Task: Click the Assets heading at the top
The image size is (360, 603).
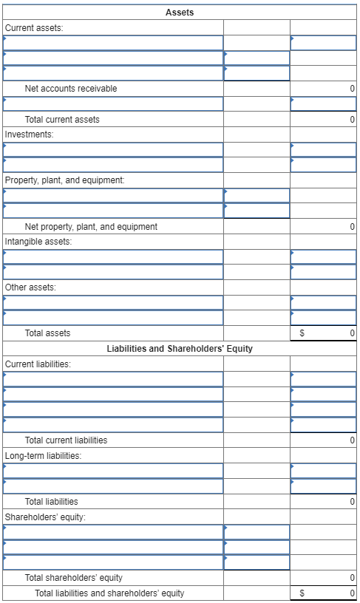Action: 180,12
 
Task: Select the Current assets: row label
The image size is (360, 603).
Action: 34,27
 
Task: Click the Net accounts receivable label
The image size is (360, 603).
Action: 70,89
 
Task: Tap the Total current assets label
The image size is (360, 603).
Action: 62,119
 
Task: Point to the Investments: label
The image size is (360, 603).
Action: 30,134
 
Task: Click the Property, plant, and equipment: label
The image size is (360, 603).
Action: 65,180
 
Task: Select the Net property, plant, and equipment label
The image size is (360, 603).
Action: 91,226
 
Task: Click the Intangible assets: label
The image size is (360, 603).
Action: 38,242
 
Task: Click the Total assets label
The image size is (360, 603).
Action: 47,333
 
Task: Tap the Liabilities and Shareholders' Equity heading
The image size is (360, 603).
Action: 180,348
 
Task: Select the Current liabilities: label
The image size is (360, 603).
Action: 38,364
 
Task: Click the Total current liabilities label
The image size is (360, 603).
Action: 66,440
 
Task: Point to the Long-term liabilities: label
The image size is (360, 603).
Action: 43,455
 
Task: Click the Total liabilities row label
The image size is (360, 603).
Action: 51,501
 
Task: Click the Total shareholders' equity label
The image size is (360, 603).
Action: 74,578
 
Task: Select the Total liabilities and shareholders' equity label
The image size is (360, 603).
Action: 109,593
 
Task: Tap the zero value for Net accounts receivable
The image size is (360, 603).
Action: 352,89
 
